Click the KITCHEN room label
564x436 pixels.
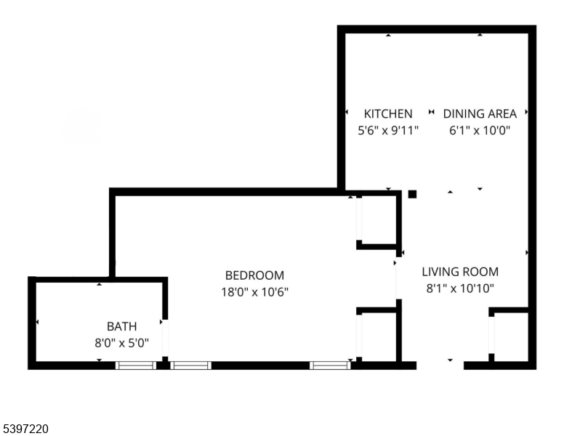388,113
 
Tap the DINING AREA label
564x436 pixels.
480,113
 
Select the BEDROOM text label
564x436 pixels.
254,275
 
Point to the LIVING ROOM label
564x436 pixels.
460,272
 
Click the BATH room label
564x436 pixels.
121,326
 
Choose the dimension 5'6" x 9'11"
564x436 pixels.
388,132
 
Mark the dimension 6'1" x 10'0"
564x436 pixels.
480,132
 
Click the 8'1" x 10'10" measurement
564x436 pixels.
460,288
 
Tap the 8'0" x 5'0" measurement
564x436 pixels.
121,343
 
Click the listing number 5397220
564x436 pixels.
25,429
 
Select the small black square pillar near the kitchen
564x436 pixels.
412,194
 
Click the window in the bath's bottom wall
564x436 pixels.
136,366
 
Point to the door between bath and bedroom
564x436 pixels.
165,338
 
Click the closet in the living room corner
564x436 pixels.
510,336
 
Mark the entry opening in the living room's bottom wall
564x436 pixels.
440,366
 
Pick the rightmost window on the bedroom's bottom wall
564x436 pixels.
330,366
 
